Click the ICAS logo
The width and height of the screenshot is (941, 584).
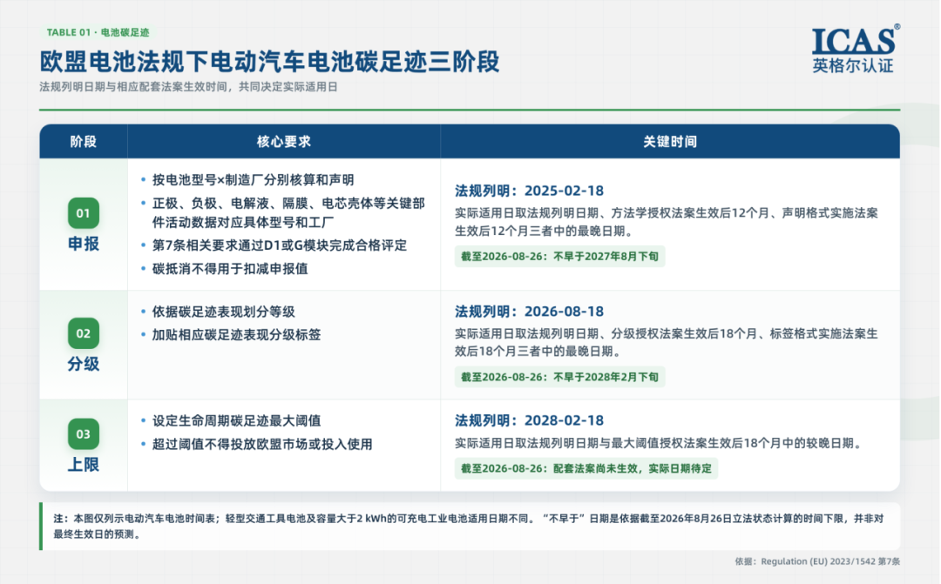tap(856, 49)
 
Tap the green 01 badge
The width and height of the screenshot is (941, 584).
tap(84, 213)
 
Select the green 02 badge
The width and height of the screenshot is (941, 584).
tap(84, 333)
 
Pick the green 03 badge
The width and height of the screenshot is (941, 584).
tap(84, 434)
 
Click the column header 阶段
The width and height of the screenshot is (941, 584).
tap(84, 142)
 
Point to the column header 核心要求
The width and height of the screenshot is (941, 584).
tap(284, 142)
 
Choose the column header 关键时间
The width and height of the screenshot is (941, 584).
tap(670, 142)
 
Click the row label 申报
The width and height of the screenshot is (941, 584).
tap(84, 244)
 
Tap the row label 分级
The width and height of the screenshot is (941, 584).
tap(84, 364)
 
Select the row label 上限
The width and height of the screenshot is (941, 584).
tap(84, 465)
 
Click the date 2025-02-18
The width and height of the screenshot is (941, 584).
tap(564, 191)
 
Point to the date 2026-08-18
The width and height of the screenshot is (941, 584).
tap(564, 312)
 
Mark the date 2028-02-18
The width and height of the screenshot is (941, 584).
tap(564, 420)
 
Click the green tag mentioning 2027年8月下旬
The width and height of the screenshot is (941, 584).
tap(560, 257)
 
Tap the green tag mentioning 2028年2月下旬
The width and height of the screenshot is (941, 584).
tap(560, 377)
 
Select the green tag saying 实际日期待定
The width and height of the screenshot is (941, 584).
tap(586, 468)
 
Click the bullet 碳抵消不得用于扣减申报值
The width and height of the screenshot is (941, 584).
tap(230, 269)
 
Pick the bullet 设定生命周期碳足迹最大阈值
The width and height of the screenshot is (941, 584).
tap(236, 421)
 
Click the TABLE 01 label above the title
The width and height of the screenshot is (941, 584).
tap(98, 32)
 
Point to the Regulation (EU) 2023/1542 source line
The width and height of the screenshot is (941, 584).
tap(817, 561)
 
